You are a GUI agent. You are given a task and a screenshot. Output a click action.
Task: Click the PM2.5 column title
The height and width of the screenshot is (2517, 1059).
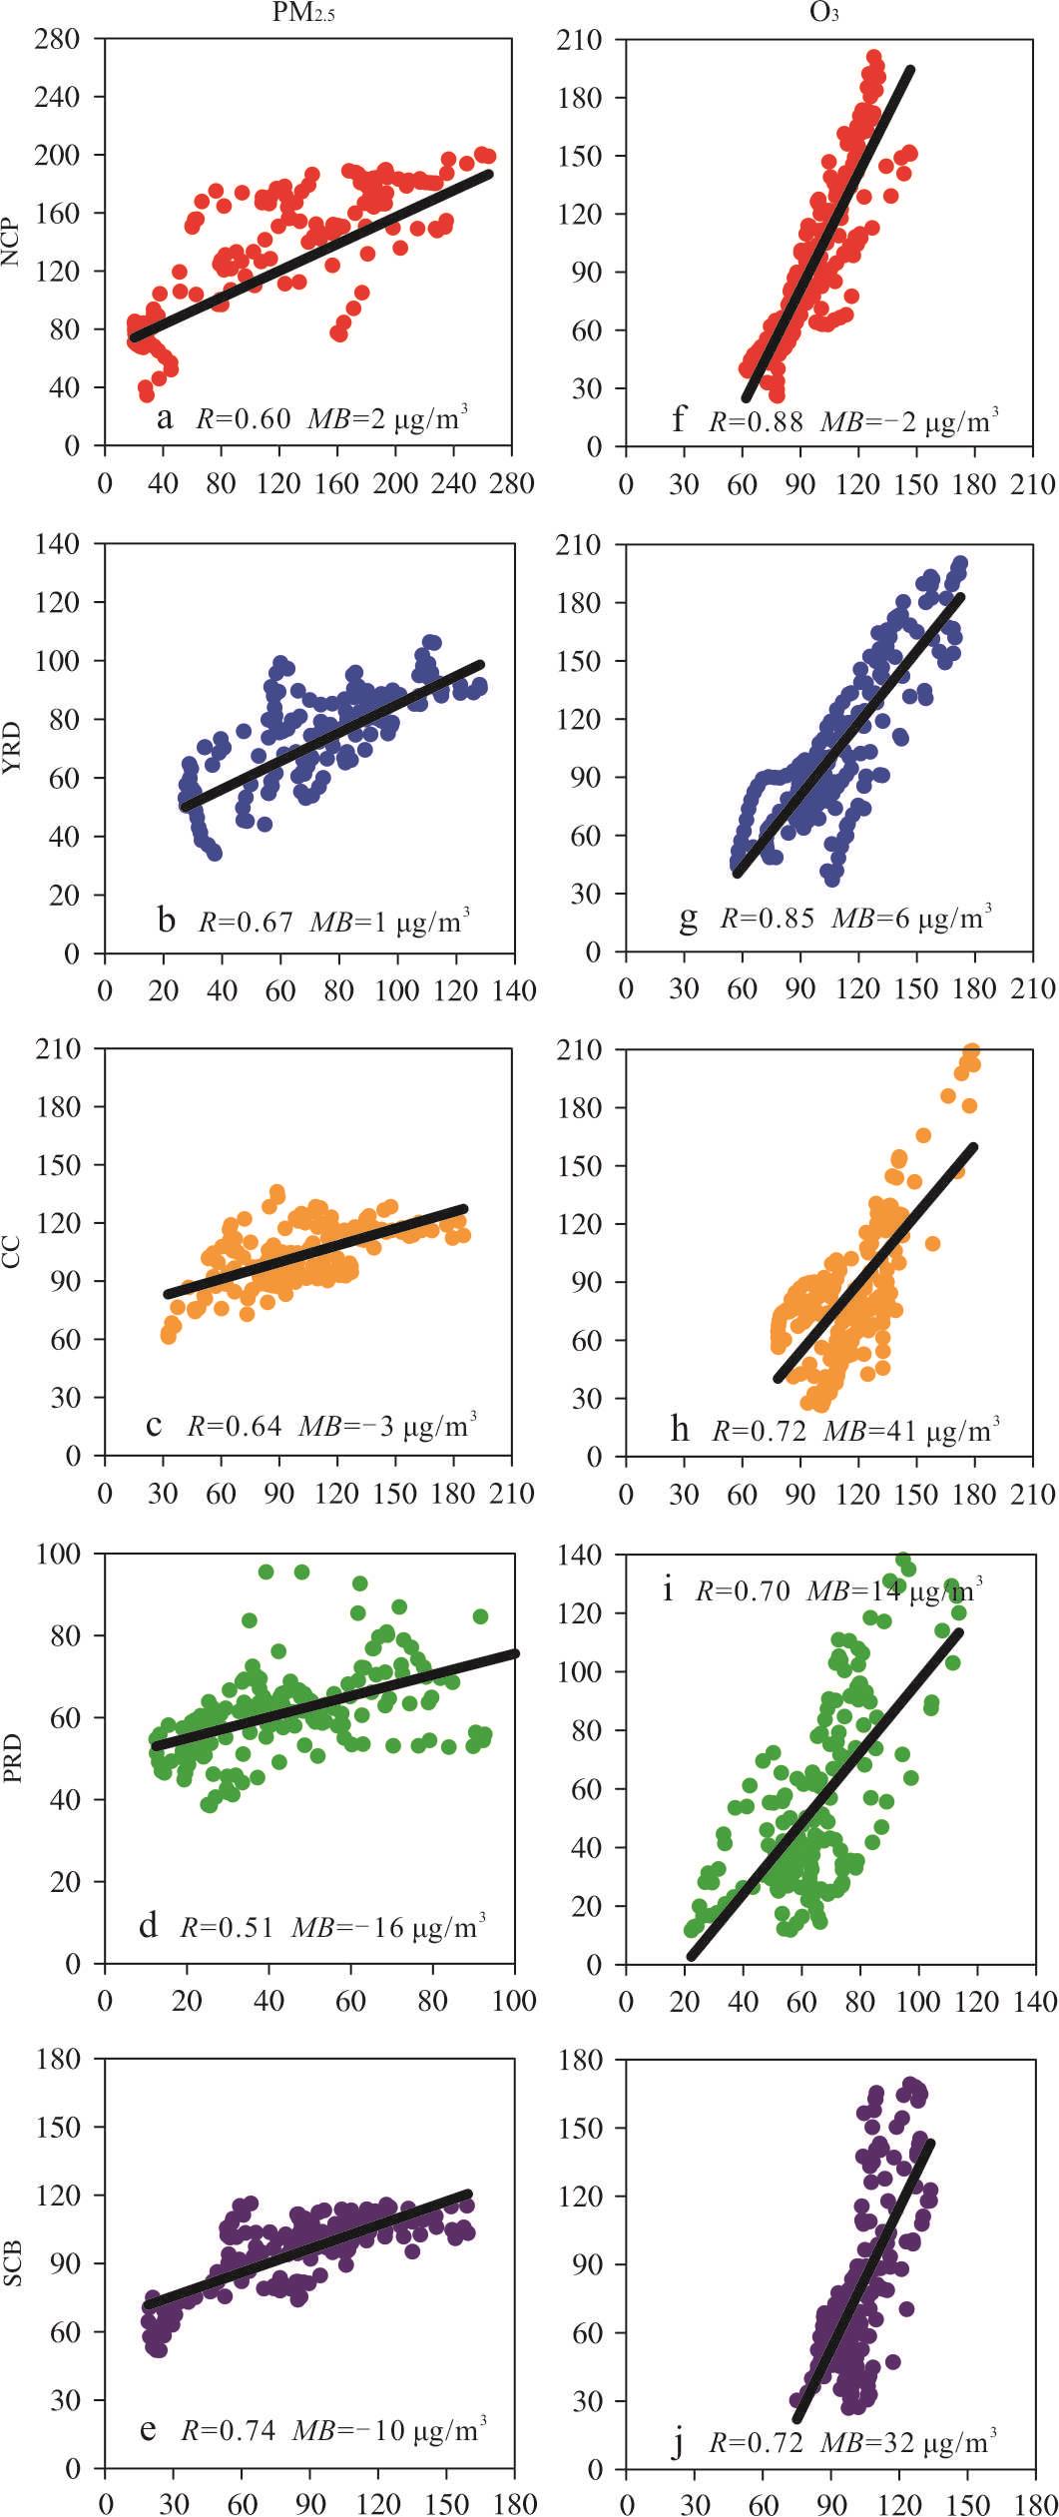pyautogui.click(x=303, y=13)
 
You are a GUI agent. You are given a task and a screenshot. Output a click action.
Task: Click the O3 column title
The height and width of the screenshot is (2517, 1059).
pyautogui.click(x=823, y=13)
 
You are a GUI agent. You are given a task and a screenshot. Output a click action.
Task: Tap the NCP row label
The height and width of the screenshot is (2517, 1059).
pyautogui.click(x=11, y=242)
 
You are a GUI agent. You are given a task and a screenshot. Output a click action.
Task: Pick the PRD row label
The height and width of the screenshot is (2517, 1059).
pyautogui.click(x=11, y=1758)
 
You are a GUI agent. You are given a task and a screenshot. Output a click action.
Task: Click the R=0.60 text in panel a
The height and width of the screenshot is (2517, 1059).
pyautogui.click(x=243, y=418)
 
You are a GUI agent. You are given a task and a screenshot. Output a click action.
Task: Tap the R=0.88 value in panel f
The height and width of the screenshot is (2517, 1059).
pyautogui.click(x=756, y=421)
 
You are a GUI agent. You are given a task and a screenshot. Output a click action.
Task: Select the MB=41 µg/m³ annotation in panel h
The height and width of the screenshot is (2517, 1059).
pyautogui.click(x=910, y=1432)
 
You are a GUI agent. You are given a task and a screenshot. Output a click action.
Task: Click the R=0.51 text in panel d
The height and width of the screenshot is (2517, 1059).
pyautogui.click(x=227, y=1926)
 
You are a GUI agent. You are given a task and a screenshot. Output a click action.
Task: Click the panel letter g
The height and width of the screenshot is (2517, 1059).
pyautogui.click(x=688, y=918)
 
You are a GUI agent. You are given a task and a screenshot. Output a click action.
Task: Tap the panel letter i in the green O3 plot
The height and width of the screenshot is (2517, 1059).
pyautogui.click(x=668, y=1588)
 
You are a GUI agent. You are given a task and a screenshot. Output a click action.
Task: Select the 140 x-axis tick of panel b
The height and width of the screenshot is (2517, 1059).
pyautogui.click(x=515, y=990)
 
